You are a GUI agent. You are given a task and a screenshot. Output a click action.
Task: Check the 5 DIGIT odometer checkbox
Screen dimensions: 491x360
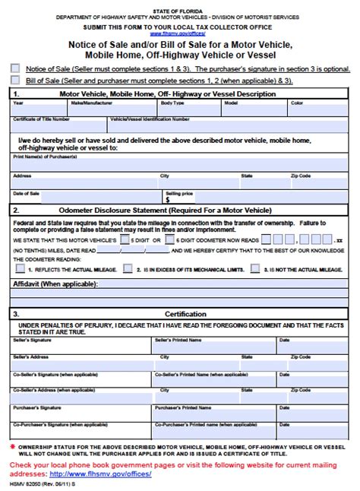click(x=125, y=238)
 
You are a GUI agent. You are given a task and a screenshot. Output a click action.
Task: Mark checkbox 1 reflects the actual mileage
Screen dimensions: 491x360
click(x=18, y=268)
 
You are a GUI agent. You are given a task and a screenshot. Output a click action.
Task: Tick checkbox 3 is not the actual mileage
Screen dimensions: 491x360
click(x=255, y=268)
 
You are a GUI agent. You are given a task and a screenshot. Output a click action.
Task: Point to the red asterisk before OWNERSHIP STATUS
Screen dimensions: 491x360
click(x=13, y=446)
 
